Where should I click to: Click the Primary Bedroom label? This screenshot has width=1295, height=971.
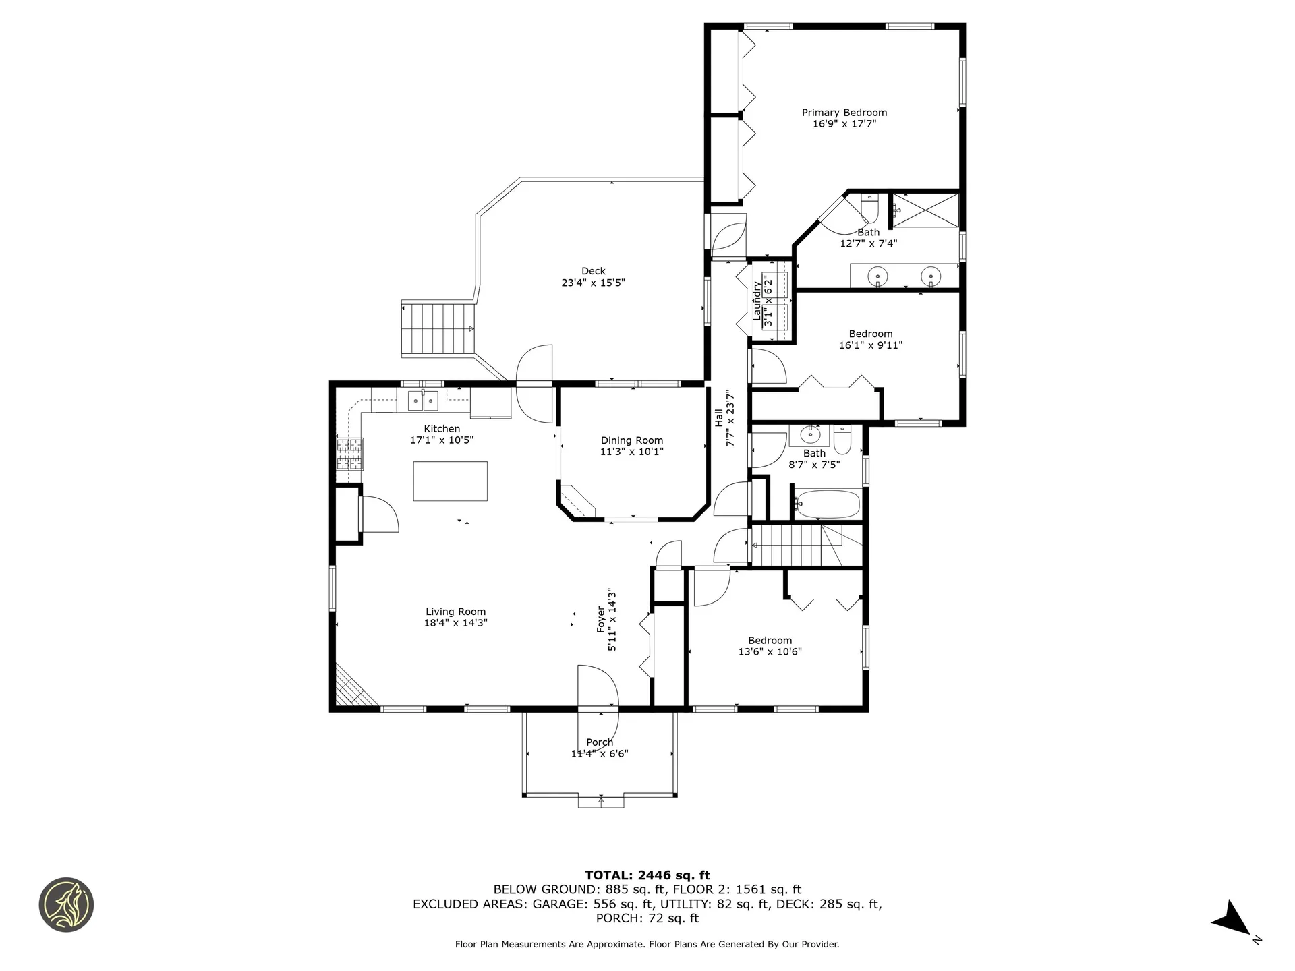844,113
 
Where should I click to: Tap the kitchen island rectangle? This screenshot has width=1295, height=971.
450,481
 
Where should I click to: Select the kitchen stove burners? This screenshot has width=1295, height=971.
349,454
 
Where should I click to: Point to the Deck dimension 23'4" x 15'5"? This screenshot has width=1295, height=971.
593,283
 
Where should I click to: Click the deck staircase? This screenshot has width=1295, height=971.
439,328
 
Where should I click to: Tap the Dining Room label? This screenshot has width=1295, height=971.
631,440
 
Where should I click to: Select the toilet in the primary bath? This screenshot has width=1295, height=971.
870,210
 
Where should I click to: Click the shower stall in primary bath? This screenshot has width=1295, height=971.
925,210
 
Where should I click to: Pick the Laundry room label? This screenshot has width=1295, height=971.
757,301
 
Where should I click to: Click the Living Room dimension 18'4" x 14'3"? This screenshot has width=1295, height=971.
455,623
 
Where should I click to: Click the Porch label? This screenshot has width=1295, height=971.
600,742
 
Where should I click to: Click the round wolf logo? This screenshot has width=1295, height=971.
66,904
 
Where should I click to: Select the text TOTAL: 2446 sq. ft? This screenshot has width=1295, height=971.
647,875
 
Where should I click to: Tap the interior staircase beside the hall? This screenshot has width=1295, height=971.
796,545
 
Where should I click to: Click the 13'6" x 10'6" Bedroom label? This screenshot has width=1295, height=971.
770,641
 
